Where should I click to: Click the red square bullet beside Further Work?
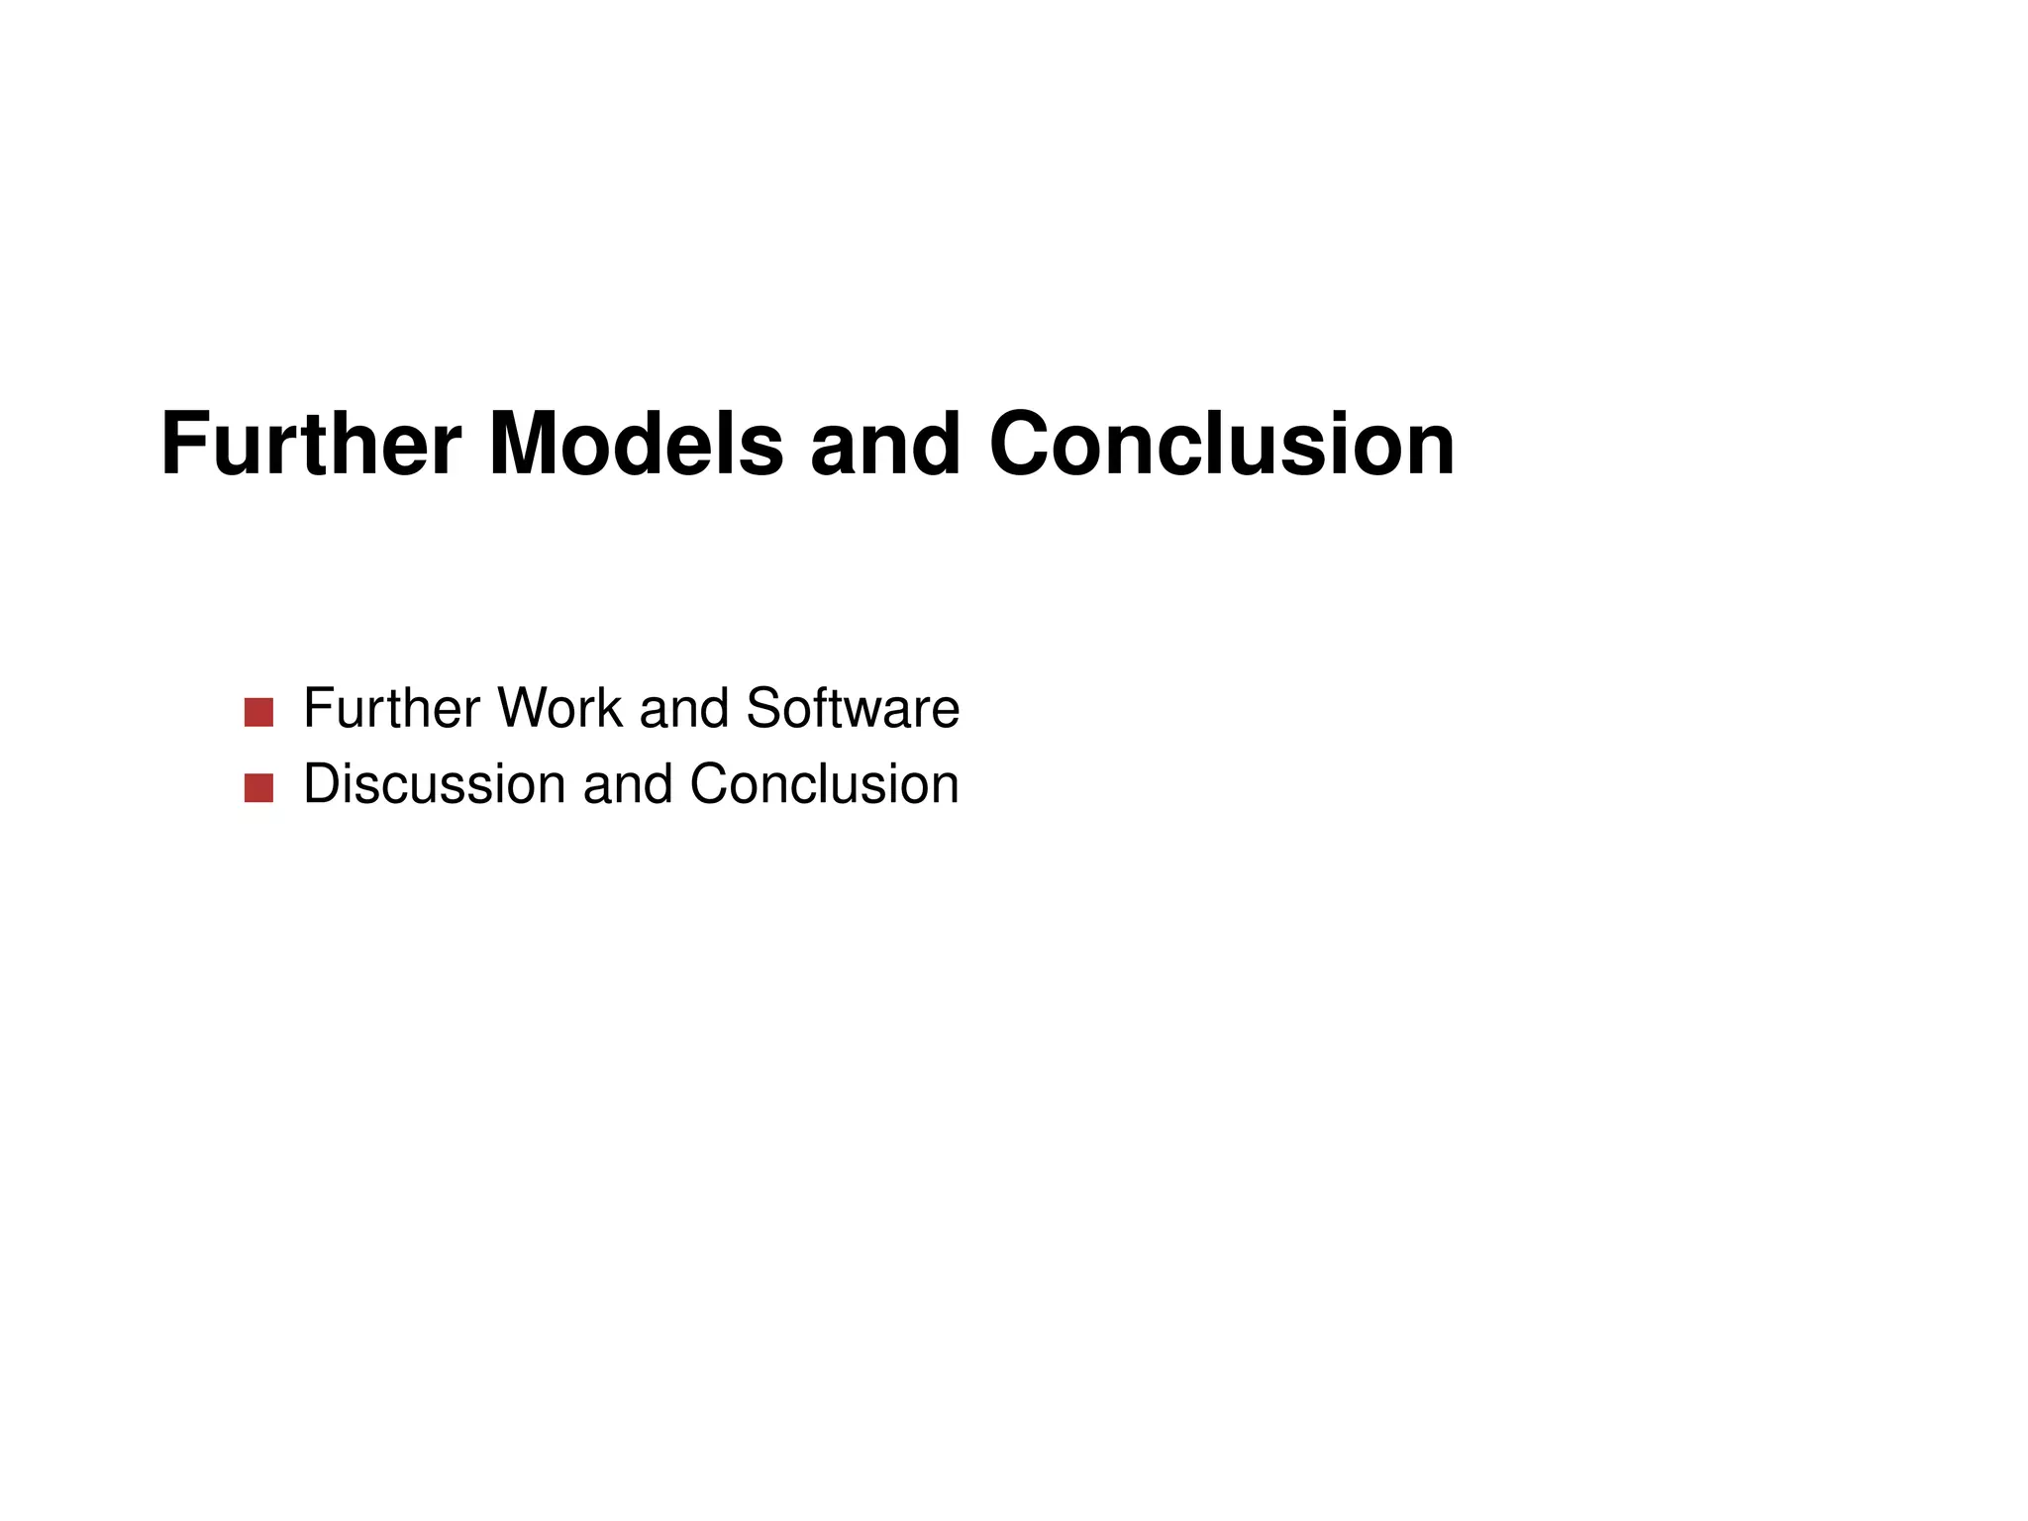pos(258,712)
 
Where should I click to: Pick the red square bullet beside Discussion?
pos(258,788)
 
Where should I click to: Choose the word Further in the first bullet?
pos(393,708)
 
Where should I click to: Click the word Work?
pos(559,708)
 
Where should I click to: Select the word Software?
pos(853,708)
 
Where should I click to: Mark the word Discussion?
pos(435,784)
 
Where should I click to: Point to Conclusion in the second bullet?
pos(824,784)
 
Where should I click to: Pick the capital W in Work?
pos(522,708)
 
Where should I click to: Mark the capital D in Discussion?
pos(323,784)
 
